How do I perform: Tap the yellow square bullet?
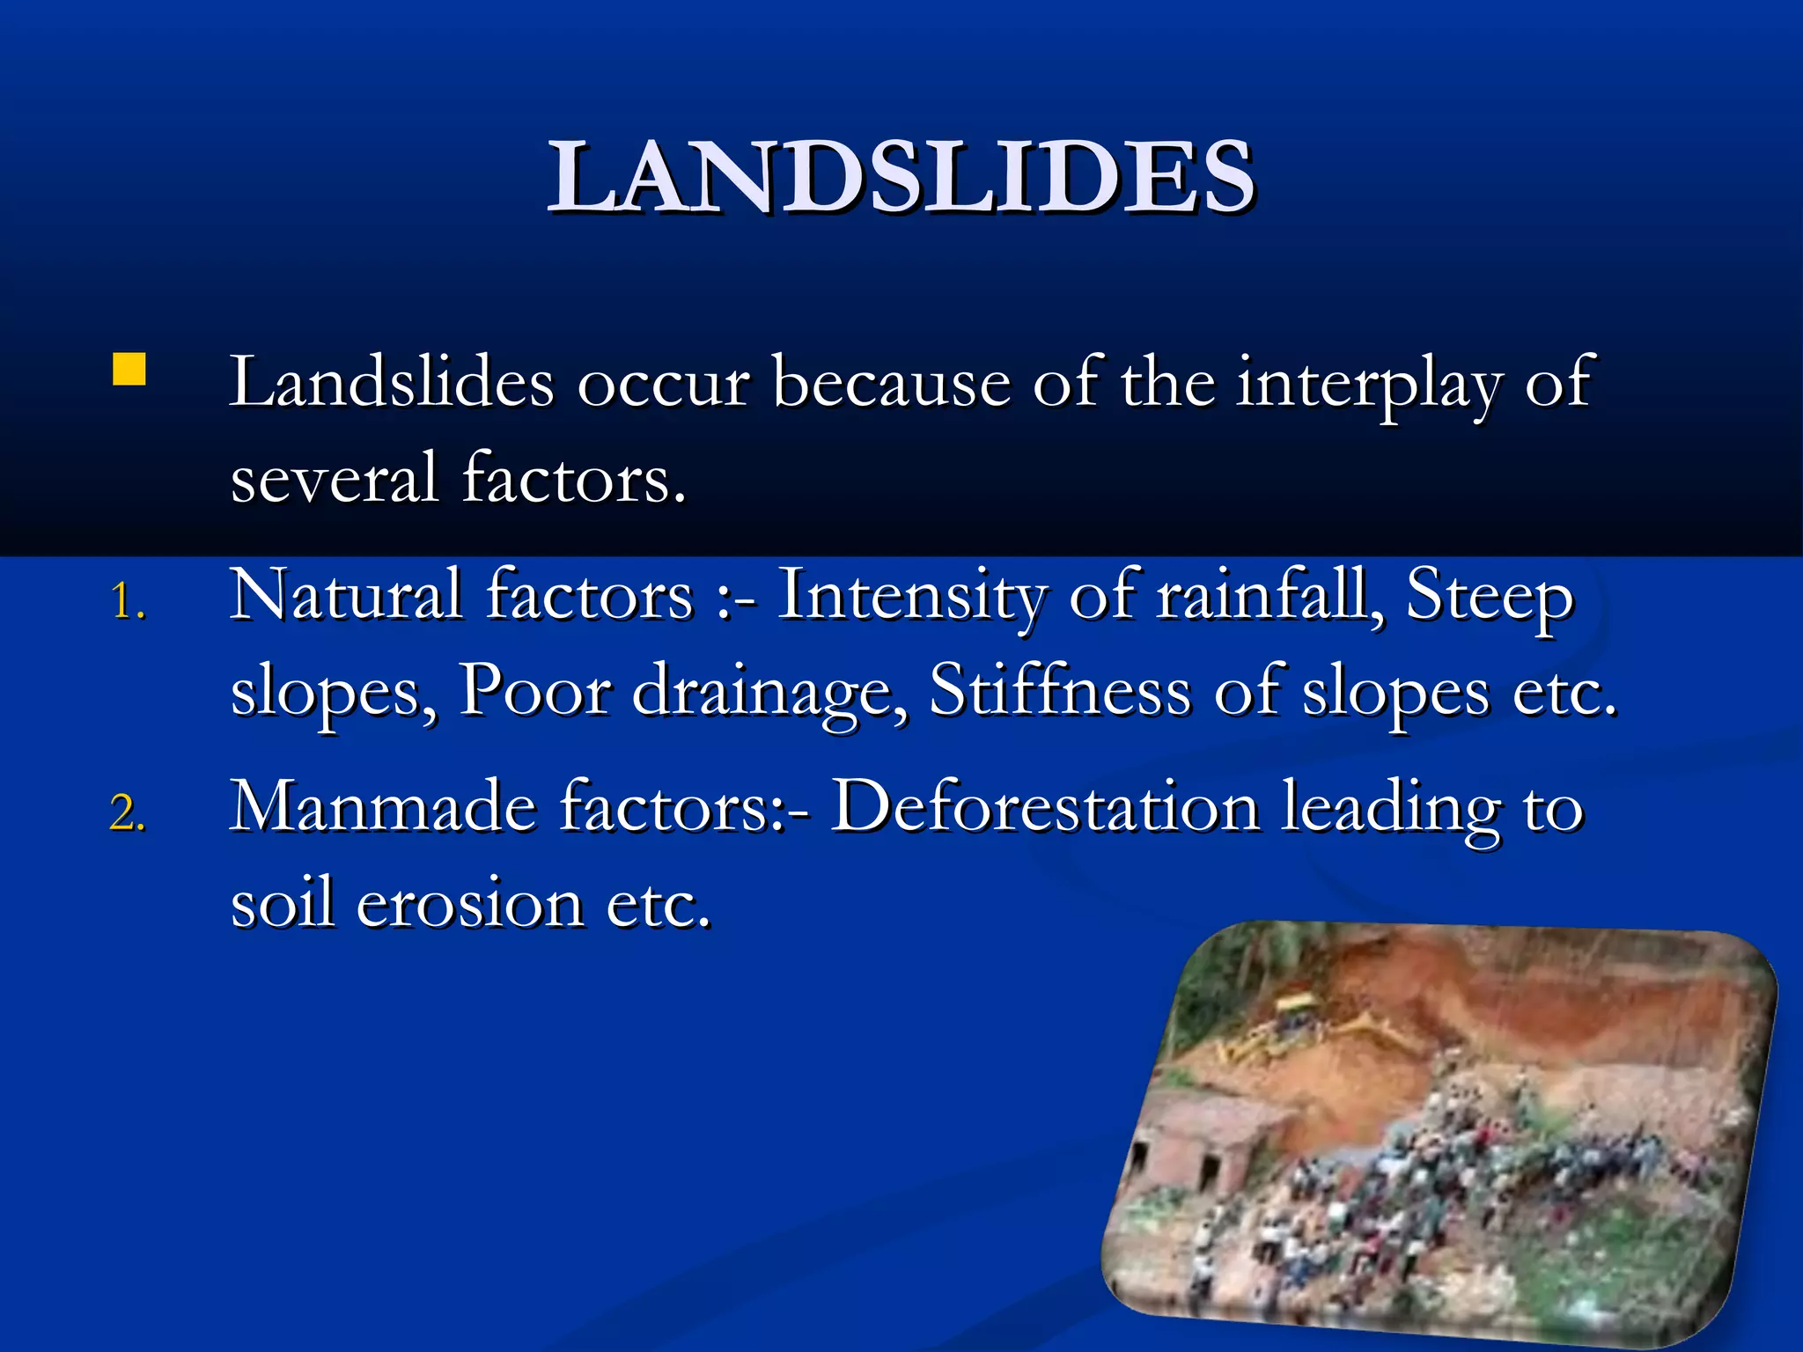pyautogui.click(x=129, y=370)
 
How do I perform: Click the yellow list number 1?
pyautogui.click(x=127, y=603)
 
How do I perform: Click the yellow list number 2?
pyautogui.click(x=127, y=812)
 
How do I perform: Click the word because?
pyautogui.click(x=892, y=383)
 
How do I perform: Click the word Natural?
pyautogui.click(x=346, y=595)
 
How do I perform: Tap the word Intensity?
pyautogui.click(x=912, y=595)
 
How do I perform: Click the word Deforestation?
pyautogui.click(x=1045, y=806)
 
